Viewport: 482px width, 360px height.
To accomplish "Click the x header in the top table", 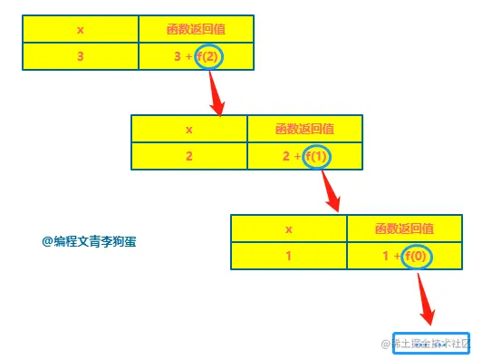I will pyautogui.click(x=80, y=30).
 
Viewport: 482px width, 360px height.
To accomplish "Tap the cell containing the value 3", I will pyautogui.click(x=80, y=57).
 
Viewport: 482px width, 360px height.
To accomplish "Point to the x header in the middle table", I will pyautogui.click(x=188, y=129).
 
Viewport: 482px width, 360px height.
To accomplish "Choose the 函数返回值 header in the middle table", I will pyautogui.click(x=304, y=129).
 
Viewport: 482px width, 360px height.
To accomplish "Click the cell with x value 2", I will pyautogui.click(x=188, y=156).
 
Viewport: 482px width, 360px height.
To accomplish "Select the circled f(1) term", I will pyautogui.click(x=317, y=156).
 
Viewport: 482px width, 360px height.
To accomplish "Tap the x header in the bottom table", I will pyautogui.click(x=288, y=229).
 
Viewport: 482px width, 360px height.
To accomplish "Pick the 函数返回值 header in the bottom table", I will pyautogui.click(x=404, y=229).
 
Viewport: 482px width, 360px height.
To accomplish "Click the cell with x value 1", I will pyautogui.click(x=288, y=256).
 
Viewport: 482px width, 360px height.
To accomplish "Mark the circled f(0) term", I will pyautogui.click(x=417, y=256).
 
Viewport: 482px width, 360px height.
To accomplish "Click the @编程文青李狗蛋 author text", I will pyautogui.click(x=89, y=241).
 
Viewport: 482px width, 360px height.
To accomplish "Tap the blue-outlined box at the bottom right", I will pyautogui.click(x=431, y=344).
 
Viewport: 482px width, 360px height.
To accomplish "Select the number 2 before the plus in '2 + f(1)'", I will pyautogui.click(x=287, y=156).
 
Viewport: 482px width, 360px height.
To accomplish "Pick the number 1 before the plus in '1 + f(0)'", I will pyautogui.click(x=387, y=256).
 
